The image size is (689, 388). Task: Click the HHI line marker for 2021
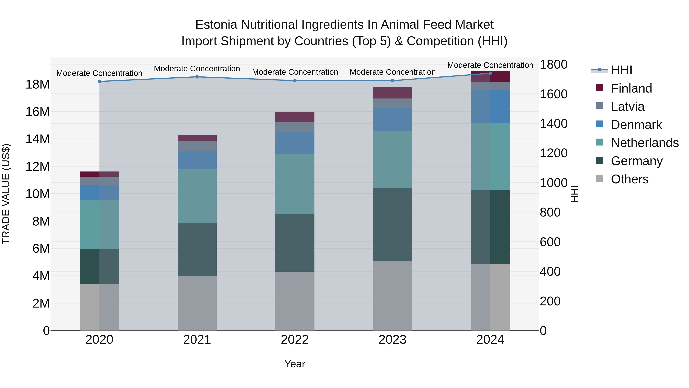pyautogui.click(x=197, y=77)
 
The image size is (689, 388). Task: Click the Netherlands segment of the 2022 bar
pyautogui.click(x=295, y=184)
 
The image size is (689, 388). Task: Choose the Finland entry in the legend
pyautogui.click(x=631, y=88)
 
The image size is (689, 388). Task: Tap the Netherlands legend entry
pyautogui.click(x=645, y=143)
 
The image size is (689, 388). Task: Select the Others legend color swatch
pyautogui.click(x=599, y=179)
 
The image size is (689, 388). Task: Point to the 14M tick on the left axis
pyautogui.click(x=38, y=139)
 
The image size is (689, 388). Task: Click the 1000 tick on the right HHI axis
pyautogui.click(x=553, y=183)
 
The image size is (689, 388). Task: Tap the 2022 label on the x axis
pyautogui.click(x=295, y=340)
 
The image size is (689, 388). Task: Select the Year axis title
pyautogui.click(x=295, y=364)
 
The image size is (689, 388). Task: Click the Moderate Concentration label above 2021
pyautogui.click(x=197, y=69)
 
